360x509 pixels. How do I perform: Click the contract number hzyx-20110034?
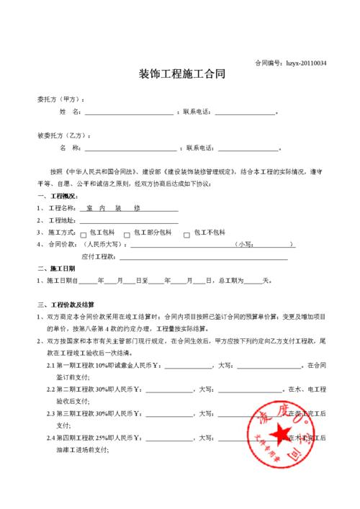pos(307,63)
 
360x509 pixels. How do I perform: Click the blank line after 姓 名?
pos(130,113)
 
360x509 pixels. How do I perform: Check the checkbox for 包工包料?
pos(84,235)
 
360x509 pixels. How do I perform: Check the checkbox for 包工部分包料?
pos(127,235)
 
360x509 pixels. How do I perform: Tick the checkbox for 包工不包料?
pos(187,235)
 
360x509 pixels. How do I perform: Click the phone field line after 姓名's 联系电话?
pos(245,113)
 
